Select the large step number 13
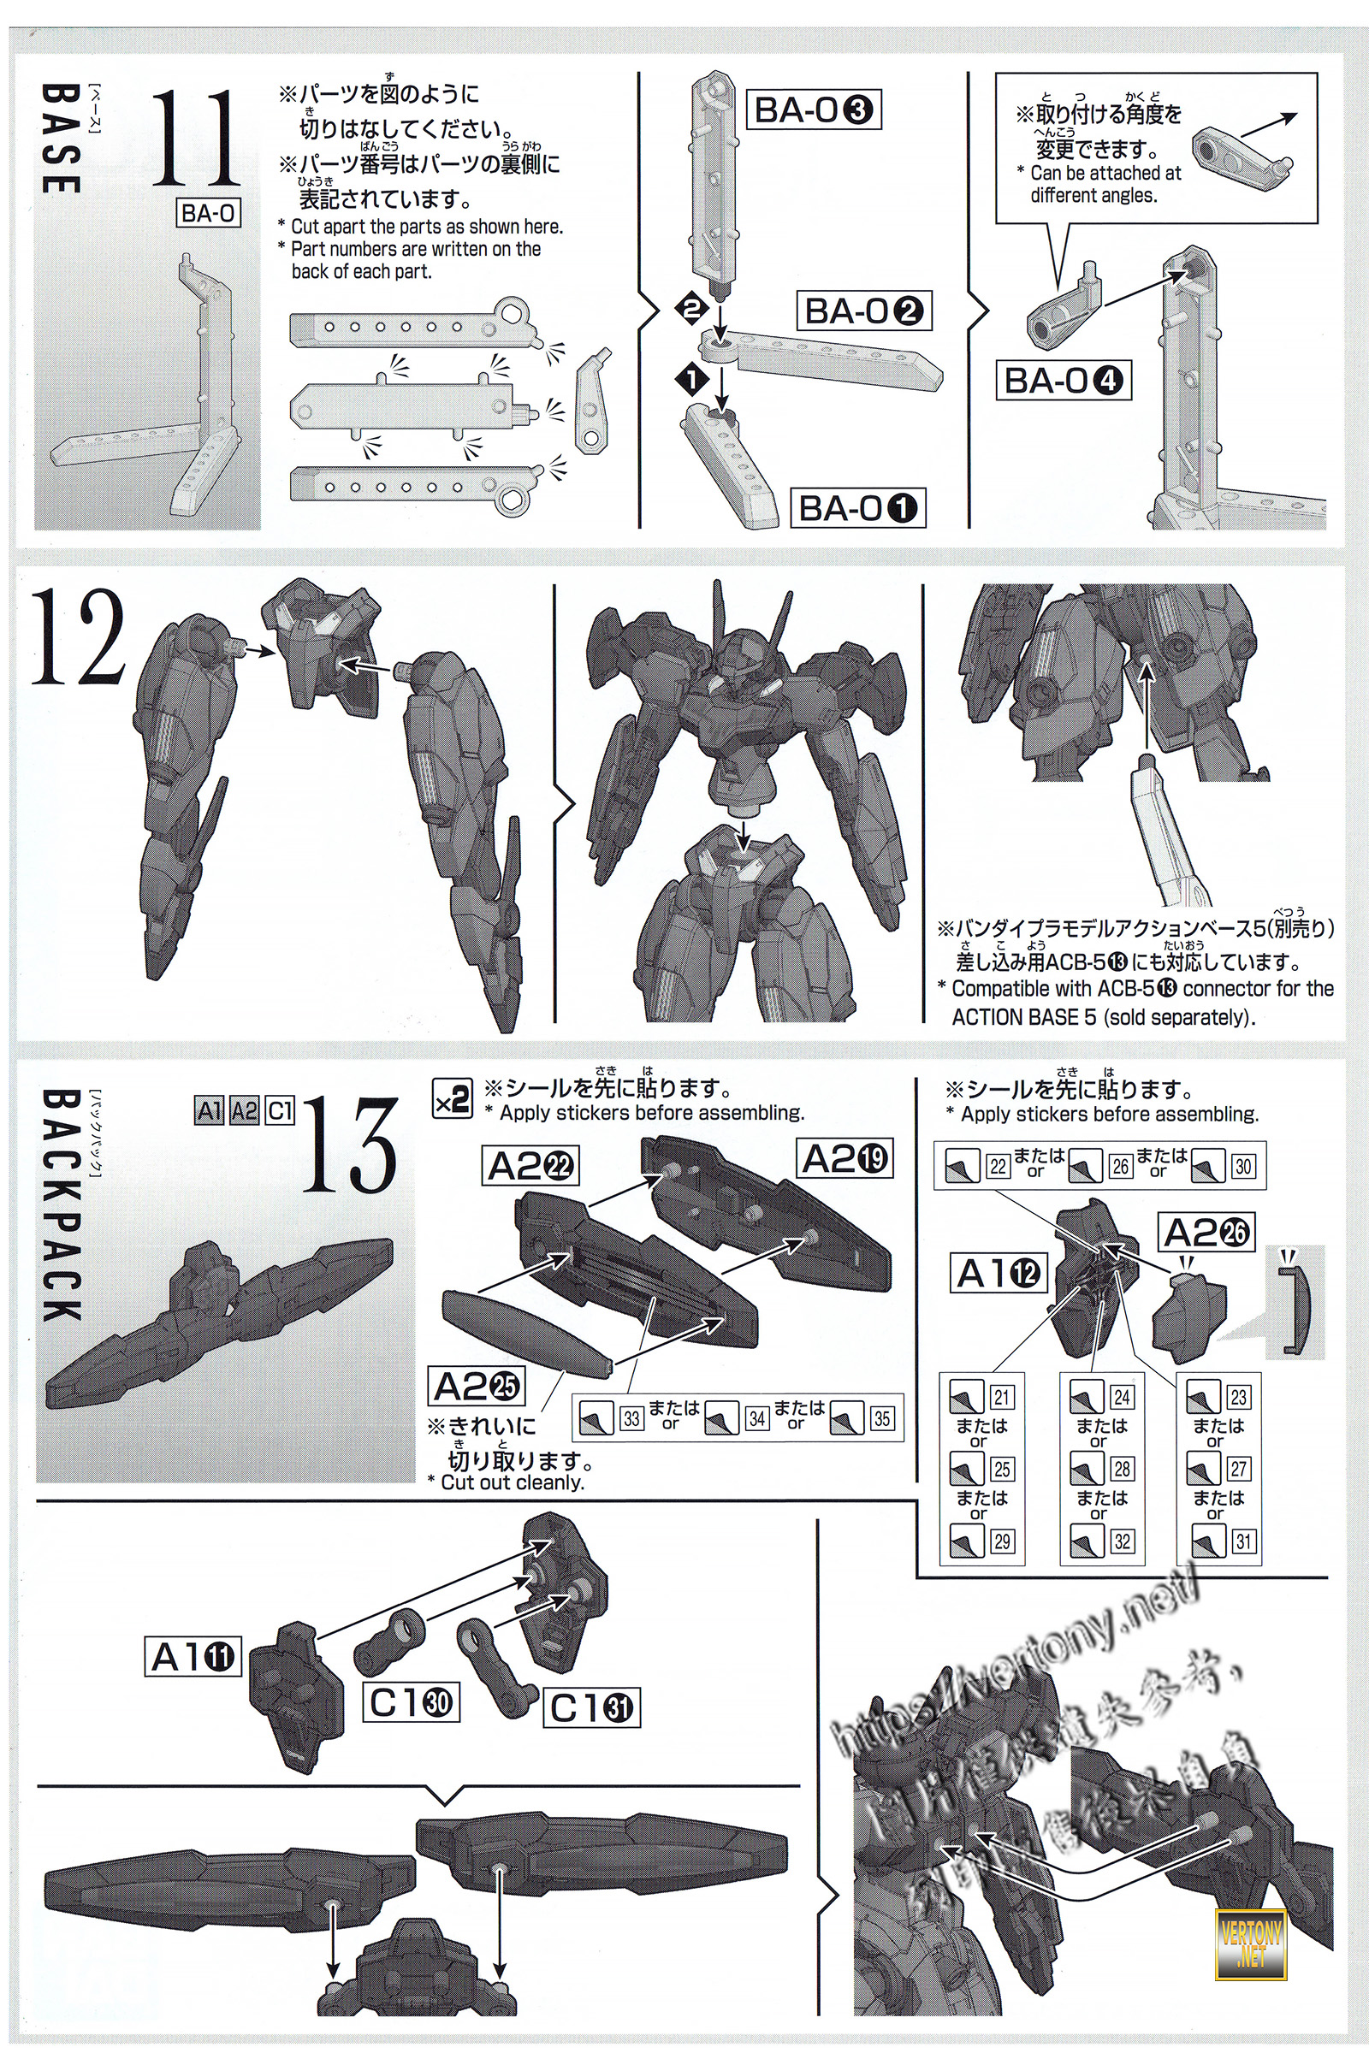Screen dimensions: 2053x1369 (349, 1145)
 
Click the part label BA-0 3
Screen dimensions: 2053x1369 (813, 111)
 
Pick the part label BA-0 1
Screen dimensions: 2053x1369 (858, 508)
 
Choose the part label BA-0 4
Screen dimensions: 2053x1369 (1063, 381)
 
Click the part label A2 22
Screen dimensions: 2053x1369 (530, 1166)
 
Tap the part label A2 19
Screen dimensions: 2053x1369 (845, 1159)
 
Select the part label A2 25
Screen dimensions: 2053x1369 (477, 1387)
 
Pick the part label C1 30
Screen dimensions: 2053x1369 (411, 1702)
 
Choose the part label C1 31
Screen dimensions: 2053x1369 (591, 1708)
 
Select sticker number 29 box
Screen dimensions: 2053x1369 (1001, 1541)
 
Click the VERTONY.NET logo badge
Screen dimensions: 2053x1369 (1250, 1933)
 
